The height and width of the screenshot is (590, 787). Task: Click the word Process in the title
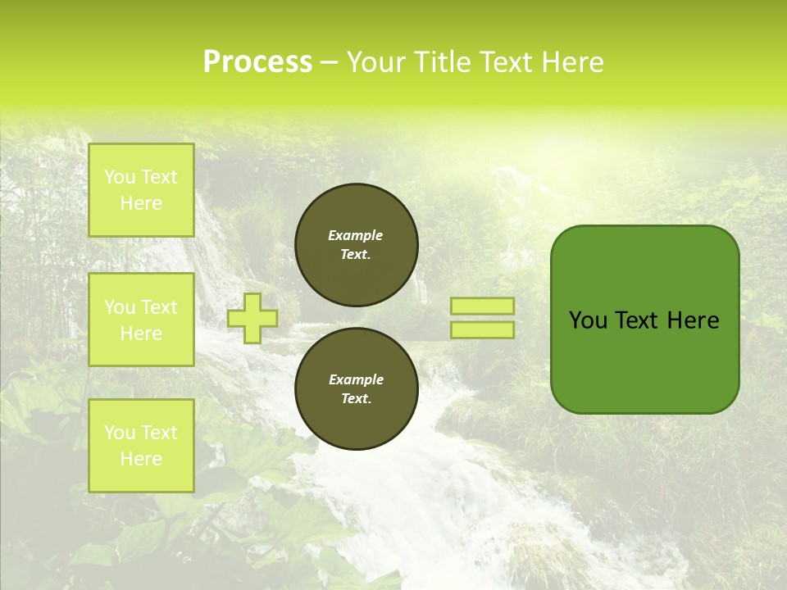tap(257, 61)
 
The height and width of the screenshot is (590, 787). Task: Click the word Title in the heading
tap(443, 61)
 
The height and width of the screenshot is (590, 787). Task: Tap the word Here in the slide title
tap(571, 61)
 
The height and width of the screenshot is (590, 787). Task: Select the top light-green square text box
tap(141, 190)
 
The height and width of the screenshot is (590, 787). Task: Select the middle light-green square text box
tap(141, 320)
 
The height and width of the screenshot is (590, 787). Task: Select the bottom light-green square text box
tap(141, 445)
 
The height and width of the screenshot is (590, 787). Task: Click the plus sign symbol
tap(252, 318)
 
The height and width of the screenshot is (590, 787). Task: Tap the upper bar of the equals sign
tap(482, 306)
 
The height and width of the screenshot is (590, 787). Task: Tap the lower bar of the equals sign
tap(482, 330)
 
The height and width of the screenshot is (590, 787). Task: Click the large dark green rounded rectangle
tap(644, 361)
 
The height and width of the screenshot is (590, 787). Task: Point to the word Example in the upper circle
tap(356, 235)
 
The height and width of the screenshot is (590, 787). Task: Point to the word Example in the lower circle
tap(356, 379)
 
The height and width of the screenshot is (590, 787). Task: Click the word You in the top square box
tap(120, 177)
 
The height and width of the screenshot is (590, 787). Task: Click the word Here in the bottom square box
tap(141, 459)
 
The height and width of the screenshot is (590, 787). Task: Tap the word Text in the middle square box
tap(158, 307)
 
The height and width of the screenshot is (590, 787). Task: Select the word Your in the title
tap(375, 61)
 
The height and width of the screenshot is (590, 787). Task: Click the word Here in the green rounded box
tap(694, 320)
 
